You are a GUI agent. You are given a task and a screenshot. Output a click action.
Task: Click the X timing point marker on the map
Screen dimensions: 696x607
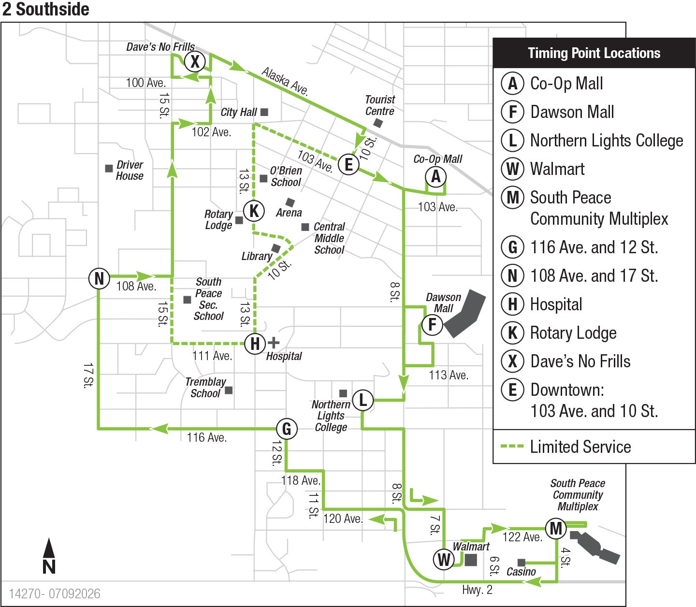click(195, 61)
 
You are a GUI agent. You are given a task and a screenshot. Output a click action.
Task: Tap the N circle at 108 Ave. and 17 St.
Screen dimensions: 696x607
click(99, 278)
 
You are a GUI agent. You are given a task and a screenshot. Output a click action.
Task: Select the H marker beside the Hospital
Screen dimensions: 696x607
click(255, 344)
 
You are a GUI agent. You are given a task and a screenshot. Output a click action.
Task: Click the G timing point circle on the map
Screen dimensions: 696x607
click(287, 429)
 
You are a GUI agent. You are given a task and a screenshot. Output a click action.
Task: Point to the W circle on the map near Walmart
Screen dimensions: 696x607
click(444, 559)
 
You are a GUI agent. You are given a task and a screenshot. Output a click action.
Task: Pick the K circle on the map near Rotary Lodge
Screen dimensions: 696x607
click(254, 211)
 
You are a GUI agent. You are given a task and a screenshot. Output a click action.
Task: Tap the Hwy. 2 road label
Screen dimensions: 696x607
click(477, 590)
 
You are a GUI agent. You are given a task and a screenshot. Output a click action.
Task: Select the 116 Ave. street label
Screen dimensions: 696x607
click(206, 437)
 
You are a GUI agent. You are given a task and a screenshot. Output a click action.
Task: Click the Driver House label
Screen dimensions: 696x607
click(130, 171)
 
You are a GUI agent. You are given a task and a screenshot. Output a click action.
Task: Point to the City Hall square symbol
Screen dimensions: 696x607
click(264, 112)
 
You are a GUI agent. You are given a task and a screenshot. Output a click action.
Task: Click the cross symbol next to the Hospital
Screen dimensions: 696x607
click(274, 343)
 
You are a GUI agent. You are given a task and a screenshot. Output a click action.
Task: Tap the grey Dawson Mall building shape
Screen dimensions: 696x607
click(465, 313)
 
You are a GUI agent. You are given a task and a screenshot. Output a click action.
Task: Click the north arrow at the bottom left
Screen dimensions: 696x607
click(49, 556)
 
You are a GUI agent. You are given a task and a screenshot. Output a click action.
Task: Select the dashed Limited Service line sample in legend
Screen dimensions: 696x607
click(512, 446)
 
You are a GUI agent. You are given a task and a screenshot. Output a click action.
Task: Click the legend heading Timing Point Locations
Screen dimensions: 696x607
click(594, 53)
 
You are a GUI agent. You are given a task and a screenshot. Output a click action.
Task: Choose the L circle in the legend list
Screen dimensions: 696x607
click(512, 141)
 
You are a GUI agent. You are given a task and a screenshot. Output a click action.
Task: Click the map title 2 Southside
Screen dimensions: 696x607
click(45, 9)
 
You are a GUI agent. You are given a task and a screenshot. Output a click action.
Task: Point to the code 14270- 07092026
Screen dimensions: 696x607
click(54, 594)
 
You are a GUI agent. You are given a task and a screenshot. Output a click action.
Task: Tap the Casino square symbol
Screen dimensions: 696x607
click(521, 563)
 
